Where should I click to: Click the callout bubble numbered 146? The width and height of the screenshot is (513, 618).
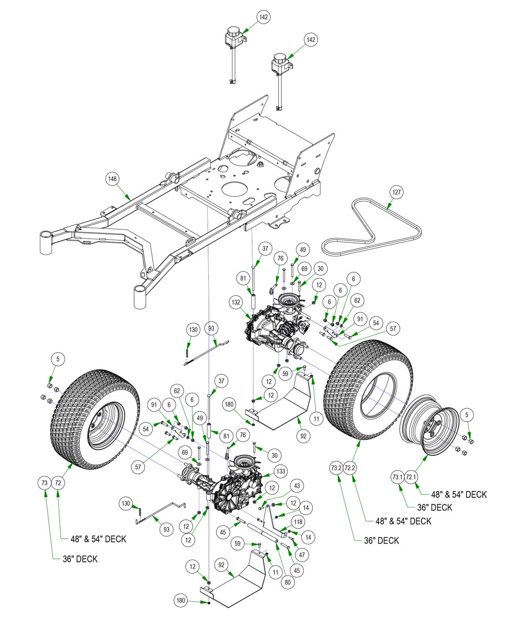112,179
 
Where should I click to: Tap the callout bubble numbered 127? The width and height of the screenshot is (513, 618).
397,192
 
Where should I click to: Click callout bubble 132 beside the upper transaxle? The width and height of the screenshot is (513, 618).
236,302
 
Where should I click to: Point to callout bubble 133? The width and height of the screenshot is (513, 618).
281,471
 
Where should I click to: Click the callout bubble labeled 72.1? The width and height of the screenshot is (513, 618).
411,477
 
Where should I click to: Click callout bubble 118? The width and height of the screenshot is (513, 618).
298,522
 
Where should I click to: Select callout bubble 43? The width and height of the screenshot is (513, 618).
296,486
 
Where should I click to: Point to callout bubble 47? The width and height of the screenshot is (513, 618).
302,555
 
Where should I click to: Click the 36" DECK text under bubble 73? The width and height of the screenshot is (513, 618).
80,559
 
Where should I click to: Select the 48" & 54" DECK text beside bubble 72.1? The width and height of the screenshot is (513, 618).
459,494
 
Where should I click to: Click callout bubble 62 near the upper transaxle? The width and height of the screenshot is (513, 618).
357,300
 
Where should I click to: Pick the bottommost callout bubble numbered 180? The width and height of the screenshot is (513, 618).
181,600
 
